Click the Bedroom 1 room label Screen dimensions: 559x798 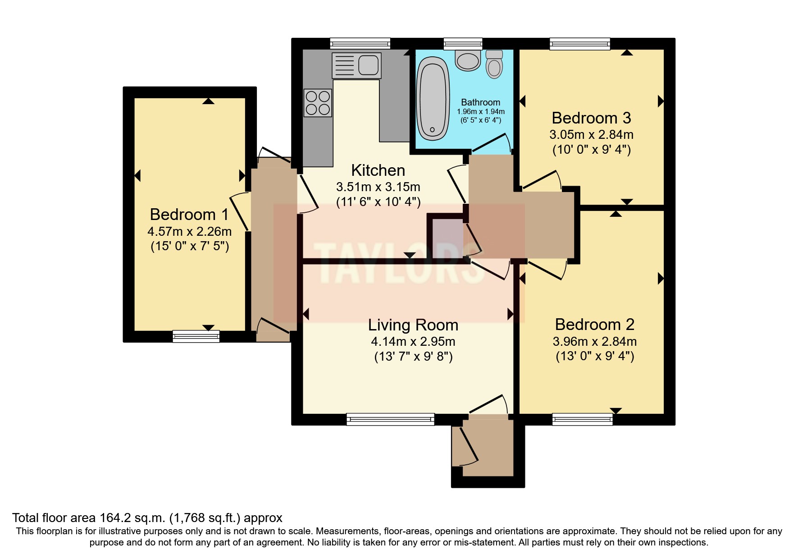pyautogui.click(x=189, y=214)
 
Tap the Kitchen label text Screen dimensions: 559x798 pyautogui.click(x=378, y=170)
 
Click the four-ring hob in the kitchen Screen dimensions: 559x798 pyautogui.click(x=318, y=103)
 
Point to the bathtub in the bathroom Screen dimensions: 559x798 pyautogui.click(x=433, y=99)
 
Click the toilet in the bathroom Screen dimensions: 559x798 pyautogui.click(x=494, y=64)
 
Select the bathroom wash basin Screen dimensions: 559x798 pyautogui.click(x=468, y=60)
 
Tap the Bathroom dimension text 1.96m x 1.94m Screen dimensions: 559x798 pyautogui.click(x=480, y=112)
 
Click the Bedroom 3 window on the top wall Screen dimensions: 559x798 pyautogui.click(x=580, y=44)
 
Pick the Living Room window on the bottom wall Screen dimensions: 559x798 pyautogui.click(x=390, y=419)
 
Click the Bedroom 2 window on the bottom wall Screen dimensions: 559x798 pyautogui.click(x=582, y=419)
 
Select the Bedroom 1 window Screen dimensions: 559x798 pyautogui.click(x=196, y=336)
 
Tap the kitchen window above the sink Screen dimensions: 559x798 pyautogui.click(x=360, y=44)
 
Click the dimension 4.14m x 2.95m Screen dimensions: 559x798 pyautogui.click(x=413, y=341)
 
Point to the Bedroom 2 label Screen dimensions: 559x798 pyautogui.click(x=594, y=325)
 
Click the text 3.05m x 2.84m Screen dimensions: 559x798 pyautogui.click(x=591, y=134)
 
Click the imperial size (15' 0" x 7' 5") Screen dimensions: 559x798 pyautogui.click(x=189, y=246)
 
